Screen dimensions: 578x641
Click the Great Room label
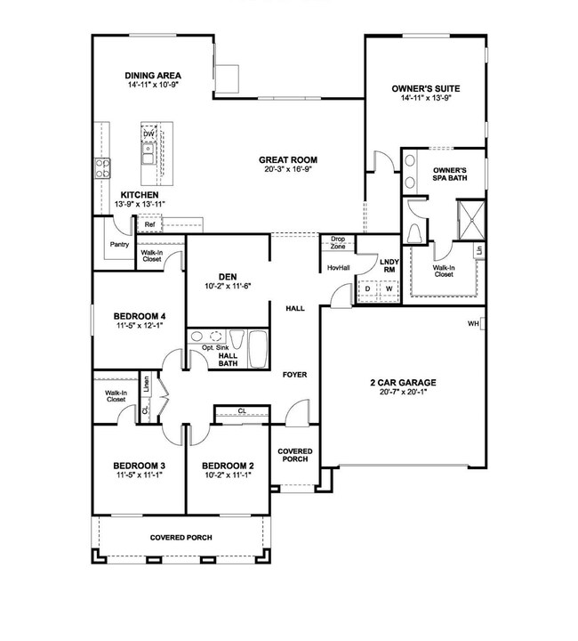tap(288, 160)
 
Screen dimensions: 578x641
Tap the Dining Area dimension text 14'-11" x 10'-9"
tap(153, 85)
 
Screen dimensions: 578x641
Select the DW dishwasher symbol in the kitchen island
tap(149, 134)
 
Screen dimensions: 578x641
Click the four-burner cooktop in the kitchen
tap(102, 168)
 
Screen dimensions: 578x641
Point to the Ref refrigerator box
tap(149, 224)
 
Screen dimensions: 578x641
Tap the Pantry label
tap(119, 245)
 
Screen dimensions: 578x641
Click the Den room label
tap(228, 277)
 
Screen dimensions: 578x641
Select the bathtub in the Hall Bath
tap(259, 349)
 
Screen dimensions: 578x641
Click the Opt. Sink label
tap(215, 347)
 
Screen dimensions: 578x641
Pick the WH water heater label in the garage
tap(473, 324)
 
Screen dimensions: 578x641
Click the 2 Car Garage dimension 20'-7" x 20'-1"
tap(403, 392)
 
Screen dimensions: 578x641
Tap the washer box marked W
tap(389, 289)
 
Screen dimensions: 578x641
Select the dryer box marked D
tap(368, 289)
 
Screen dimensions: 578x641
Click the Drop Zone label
tap(338, 243)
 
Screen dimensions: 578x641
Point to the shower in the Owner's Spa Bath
tap(471, 220)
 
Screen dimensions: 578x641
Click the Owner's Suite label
tap(426, 89)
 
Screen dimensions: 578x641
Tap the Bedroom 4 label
tap(140, 316)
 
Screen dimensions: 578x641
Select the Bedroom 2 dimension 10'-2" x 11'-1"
tap(228, 475)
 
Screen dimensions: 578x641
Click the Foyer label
tap(294, 375)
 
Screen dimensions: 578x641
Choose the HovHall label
tap(339, 268)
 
